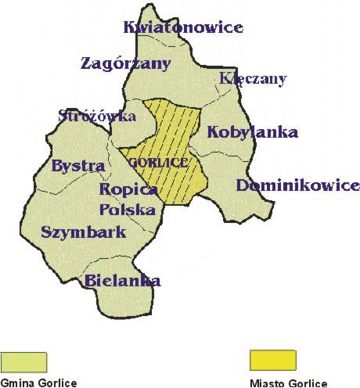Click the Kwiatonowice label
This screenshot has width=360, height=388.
[183, 28]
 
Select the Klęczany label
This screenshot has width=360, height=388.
[253, 79]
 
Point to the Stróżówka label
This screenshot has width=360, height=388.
[97, 116]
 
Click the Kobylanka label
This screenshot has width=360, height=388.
[252, 132]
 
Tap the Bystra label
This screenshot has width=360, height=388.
[77, 166]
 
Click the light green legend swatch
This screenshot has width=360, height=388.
[24, 361]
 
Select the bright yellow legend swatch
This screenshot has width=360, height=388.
[272, 361]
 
